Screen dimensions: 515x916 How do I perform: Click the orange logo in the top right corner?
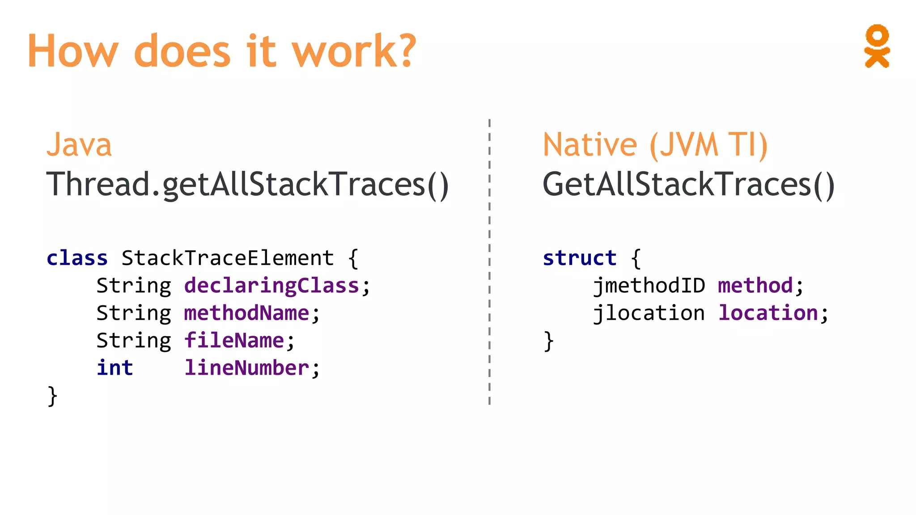[x=877, y=46]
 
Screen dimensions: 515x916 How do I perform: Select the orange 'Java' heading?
[x=79, y=145]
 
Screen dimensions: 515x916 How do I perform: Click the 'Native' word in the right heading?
[x=589, y=145]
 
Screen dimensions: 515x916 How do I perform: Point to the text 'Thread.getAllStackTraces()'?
[x=247, y=184]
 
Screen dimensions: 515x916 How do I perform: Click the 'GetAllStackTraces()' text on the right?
[x=688, y=184]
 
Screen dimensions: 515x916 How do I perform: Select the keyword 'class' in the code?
[x=77, y=258]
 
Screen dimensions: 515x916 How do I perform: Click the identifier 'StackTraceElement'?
[x=228, y=258]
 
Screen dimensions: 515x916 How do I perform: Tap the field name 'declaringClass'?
[x=271, y=286]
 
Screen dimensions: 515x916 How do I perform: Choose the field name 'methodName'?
[x=246, y=313]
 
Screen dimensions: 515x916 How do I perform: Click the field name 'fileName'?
[x=234, y=341]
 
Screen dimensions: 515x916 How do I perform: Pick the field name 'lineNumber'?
[x=246, y=368]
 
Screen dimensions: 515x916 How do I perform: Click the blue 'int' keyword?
[x=115, y=368]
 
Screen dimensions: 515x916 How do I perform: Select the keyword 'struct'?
[x=580, y=258]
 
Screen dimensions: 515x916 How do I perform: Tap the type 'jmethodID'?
[x=649, y=286]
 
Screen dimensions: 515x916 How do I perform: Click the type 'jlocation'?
[x=649, y=313]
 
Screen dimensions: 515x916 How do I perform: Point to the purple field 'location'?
[x=768, y=313]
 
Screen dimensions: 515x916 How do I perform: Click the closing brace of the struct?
[x=548, y=342]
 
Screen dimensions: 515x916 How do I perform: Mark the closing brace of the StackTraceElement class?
[x=52, y=397]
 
